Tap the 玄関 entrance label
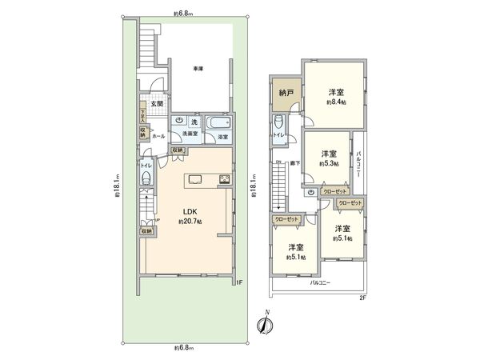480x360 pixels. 158,104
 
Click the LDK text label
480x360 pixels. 190,212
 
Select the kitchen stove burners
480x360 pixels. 226,179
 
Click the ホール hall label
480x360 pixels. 158,136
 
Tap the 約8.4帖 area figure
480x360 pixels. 335,102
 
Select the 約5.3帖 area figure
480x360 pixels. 328,163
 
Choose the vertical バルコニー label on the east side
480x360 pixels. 361,165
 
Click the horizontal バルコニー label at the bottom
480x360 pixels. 321,282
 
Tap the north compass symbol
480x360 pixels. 268,324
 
